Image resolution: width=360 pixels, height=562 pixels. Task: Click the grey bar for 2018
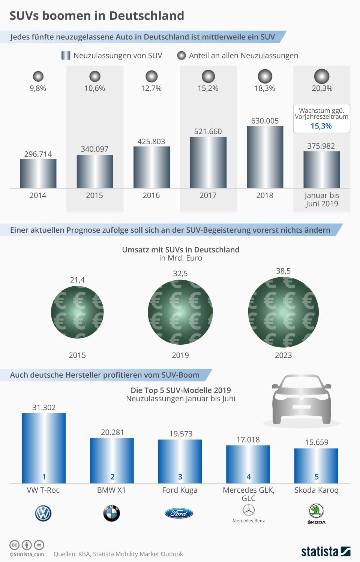point(265,157)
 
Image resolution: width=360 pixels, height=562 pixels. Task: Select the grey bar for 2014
point(38,173)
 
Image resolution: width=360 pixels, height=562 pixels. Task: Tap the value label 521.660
point(208,132)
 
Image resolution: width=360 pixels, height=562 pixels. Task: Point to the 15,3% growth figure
point(321,126)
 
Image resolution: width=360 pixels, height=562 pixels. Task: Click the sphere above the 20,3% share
point(321,76)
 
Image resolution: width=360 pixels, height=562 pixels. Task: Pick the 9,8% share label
point(38,88)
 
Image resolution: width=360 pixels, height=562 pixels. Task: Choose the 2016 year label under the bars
point(151,195)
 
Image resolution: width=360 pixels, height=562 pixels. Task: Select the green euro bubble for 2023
point(283,312)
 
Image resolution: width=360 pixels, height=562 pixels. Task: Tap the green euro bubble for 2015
point(77,312)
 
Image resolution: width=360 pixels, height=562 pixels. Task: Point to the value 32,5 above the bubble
point(180,274)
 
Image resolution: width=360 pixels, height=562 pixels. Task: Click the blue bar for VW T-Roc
point(44,448)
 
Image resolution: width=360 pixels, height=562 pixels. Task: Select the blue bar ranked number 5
point(316,466)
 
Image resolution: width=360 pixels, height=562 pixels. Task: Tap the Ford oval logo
point(179,513)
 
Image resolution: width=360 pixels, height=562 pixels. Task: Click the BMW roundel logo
point(112,513)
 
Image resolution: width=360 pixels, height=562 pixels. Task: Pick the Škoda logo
point(316,513)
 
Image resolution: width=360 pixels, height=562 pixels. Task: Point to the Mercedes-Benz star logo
point(248,510)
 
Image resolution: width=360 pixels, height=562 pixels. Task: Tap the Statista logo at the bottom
point(325,551)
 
